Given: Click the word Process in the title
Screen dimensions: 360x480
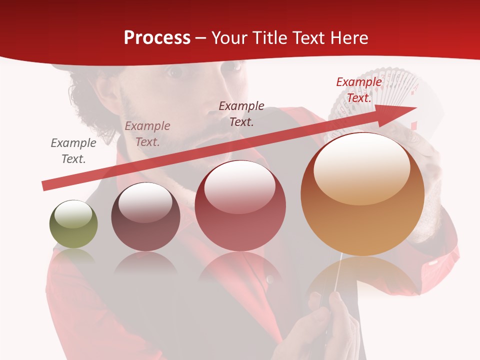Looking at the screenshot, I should [x=157, y=38].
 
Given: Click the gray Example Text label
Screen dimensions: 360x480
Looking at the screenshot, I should [x=73, y=150].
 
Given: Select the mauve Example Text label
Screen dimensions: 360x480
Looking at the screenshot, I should [x=147, y=133].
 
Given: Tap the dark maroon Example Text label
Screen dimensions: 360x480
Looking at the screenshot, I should [x=241, y=113].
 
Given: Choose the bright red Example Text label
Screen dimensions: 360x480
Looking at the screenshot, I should [x=358, y=90].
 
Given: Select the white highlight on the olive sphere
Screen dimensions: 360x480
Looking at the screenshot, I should [x=73, y=214].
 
